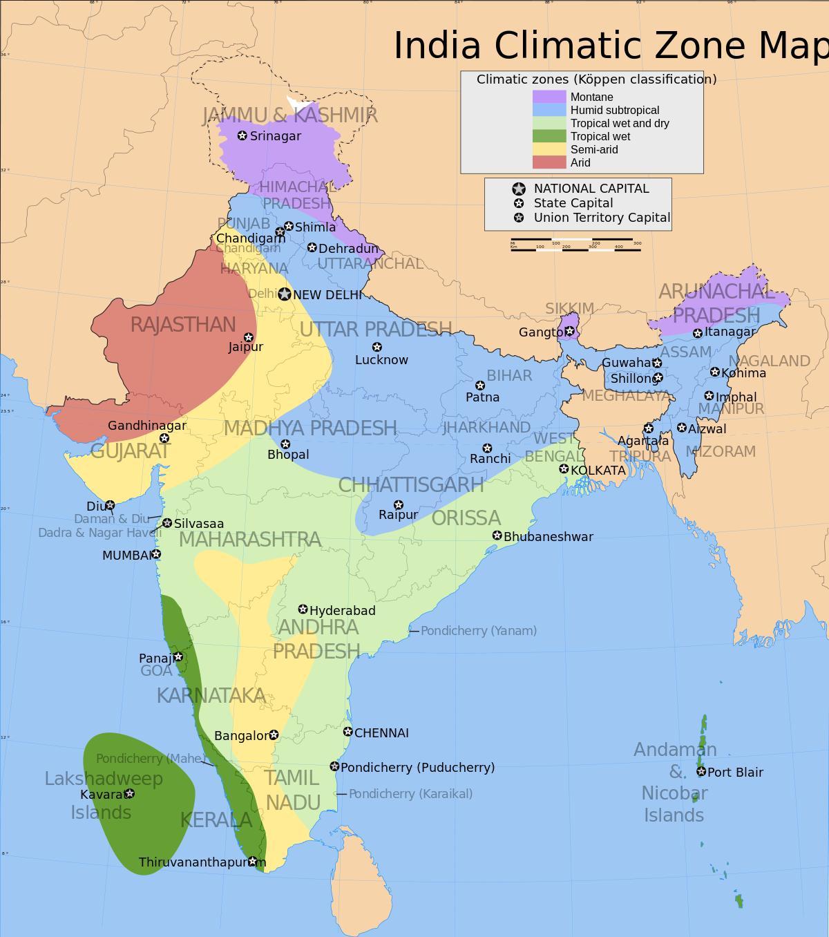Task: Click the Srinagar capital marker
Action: [x=242, y=135]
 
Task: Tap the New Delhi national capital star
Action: [x=285, y=294]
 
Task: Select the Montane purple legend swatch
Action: [x=549, y=97]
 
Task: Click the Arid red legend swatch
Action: [x=549, y=162]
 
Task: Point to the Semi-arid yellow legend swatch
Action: [x=549, y=149]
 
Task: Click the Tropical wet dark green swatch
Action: [x=549, y=136]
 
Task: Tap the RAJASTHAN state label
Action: [x=183, y=325]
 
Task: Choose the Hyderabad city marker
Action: [x=303, y=609]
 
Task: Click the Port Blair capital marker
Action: [x=701, y=771]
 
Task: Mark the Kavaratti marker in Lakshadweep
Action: [x=129, y=793]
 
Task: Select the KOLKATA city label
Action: [x=598, y=471]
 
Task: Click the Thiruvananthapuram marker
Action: [x=253, y=861]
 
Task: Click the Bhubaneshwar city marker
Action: [x=497, y=536]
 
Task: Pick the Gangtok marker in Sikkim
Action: [x=569, y=331]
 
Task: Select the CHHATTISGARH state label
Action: [x=410, y=484]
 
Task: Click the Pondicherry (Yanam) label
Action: [x=478, y=631]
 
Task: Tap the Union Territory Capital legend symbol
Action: [x=518, y=218]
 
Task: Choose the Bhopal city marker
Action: [x=285, y=444]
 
